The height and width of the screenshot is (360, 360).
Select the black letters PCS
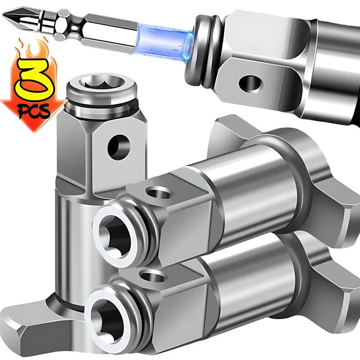coord(35,111)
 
